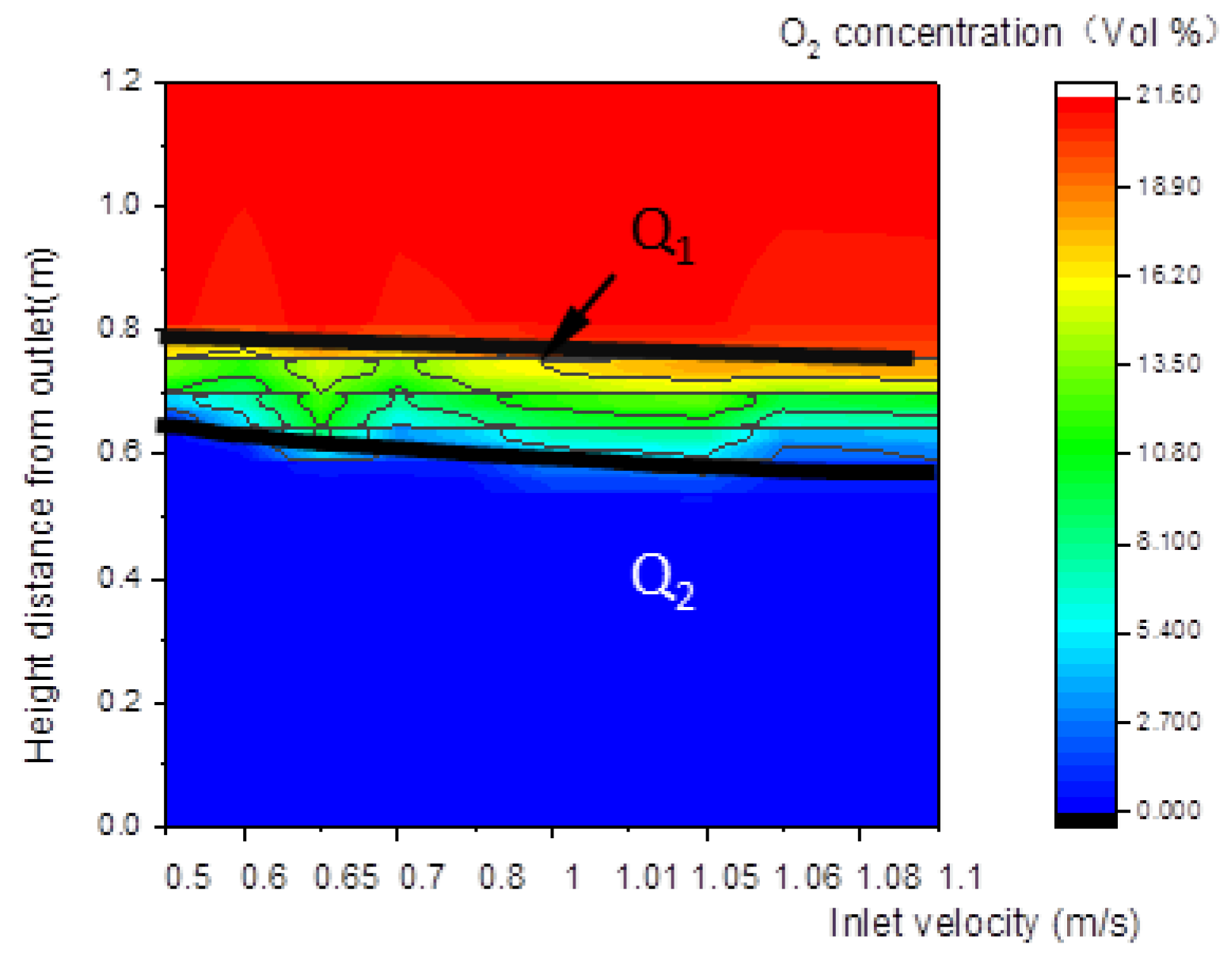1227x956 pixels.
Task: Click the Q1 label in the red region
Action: pos(662,235)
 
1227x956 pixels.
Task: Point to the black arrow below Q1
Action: pos(579,319)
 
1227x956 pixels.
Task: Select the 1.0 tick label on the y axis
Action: pos(120,204)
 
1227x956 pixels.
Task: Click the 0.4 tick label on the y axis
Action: pos(120,577)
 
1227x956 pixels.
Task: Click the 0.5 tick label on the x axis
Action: pos(188,877)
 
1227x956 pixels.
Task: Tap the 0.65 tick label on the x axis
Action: pos(346,877)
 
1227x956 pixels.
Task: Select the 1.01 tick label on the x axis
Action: pos(646,877)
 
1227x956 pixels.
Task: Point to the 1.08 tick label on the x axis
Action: pos(889,877)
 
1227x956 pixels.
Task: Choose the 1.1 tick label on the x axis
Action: pos(959,877)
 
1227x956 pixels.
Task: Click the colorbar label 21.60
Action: pos(1168,94)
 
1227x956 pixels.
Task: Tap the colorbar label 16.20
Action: pos(1168,275)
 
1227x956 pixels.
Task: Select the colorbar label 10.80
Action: pos(1168,452)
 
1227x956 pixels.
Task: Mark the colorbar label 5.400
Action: pos(1168,630)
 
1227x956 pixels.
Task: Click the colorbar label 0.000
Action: pos(1168,810)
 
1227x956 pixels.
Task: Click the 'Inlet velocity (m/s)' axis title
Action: pos(984,924)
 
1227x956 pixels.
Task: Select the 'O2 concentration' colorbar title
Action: pos(997,34)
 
